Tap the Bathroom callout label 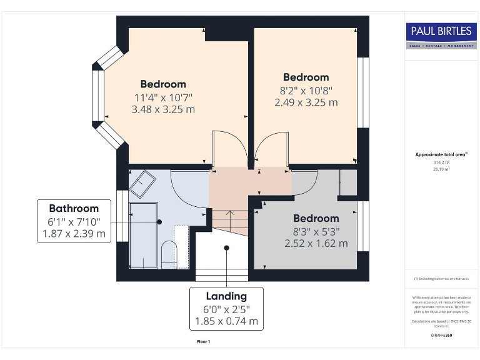74,209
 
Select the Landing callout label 226,296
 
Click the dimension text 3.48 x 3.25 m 163,109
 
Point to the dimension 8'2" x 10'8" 306,90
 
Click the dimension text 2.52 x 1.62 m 316,243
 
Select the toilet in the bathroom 169,255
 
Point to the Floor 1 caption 204,342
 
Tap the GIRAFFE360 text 441,336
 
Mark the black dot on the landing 226,247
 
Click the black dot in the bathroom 159,222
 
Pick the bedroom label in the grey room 316,219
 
